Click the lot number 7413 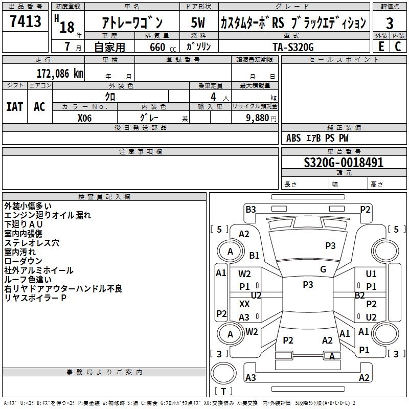(x=25, y=22)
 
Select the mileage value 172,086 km (x=60, y=73)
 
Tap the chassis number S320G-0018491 (x=344, y=163)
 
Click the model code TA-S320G (x=293, y=46)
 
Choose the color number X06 (x=85, y=117)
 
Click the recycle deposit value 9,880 (x=260, y=117)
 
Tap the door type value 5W (x=198, y=23)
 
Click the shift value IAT (x=15, y=106)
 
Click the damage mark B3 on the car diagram (x=251, y=209)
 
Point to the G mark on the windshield (x=323, y=269)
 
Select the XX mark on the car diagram (x=244, y=304)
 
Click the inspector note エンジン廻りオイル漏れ (x=48, y=215)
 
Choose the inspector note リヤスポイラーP (x=35, y=298)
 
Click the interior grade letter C (x=397, y=46)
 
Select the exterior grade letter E (x=381, y=46)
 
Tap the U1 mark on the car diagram (x=371, y=274)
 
